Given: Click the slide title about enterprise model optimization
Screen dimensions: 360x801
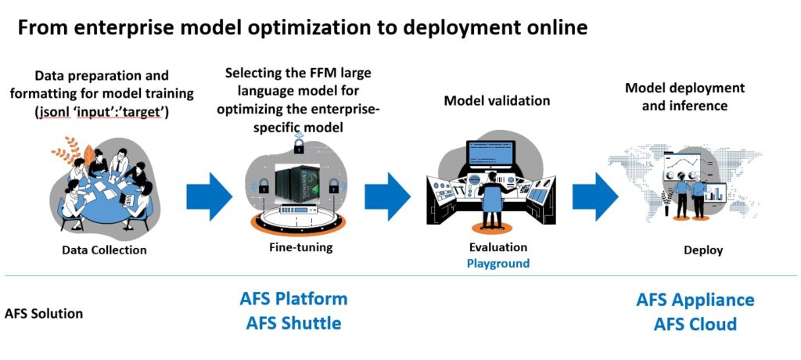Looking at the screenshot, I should click(x=302, y=28).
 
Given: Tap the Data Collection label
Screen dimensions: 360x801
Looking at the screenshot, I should click(x=104, y=250).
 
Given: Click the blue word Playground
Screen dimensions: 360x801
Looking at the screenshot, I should click(x=497, y=263).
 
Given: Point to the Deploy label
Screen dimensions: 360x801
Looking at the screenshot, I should click(x=703, y=250).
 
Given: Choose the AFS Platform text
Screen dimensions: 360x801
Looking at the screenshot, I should click(x=293, y=298).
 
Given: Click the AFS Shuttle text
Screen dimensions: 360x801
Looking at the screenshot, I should click(x=293, y=322).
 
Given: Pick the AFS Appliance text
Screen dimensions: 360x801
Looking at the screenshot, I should click(x=695, y=300).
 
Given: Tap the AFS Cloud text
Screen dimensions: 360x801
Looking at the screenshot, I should click(x=695, y=323).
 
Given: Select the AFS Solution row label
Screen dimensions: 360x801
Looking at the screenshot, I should click(x=44, y=313).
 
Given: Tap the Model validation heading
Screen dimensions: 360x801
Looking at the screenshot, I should click(x=497, y=100).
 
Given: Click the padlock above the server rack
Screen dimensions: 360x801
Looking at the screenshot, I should click(x=299, y=145).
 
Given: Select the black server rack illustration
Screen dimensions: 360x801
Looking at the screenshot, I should click(x=296, y=182).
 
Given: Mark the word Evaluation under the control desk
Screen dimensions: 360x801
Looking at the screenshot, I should click(x=497, y=247).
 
